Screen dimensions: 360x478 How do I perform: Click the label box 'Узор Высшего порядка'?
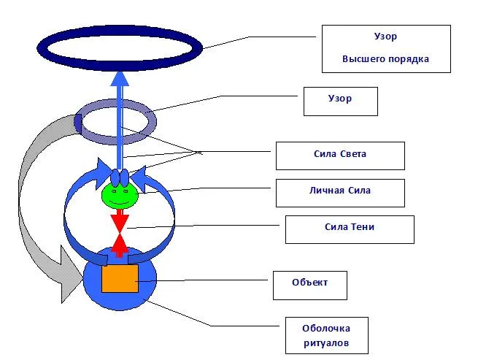click(385, 48)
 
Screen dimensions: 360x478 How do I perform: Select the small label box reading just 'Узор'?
click(340, 101)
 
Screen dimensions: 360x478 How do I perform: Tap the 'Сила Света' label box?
click(339, 155)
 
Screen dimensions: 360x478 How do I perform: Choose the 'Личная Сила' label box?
click(339, 193)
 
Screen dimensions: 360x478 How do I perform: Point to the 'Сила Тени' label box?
click(349, 229)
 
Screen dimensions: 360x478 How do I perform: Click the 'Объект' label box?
click(309, 285)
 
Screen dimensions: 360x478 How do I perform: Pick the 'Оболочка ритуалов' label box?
click(325, 335)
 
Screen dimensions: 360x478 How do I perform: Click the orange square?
click(120, 278)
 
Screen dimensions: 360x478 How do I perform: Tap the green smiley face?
click(120, 195)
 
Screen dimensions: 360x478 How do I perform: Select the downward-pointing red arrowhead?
click(120, 221)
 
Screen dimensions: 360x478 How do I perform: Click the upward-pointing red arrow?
click(120, 245)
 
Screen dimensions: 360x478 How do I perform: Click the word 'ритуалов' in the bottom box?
click(325, 342)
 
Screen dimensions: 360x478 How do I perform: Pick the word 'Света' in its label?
click(353, 154)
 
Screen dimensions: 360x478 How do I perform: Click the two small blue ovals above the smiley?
click(120, 177)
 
